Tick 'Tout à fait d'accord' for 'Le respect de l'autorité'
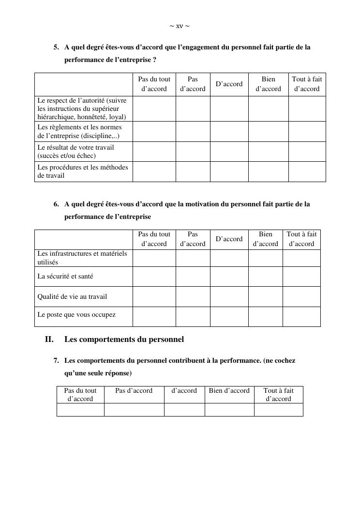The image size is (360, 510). click(307, 108)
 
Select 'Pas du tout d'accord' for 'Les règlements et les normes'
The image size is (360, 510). click(154, 131)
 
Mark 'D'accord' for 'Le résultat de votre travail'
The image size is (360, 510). click(229, 152)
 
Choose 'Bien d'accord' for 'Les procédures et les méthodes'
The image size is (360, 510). click(268, 171)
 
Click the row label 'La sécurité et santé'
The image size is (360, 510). click(65, 277)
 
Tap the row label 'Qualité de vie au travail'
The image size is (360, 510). click(72, 296)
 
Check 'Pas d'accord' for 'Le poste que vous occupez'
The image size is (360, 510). click(193, 317)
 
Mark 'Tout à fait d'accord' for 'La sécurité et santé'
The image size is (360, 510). click(301, 277)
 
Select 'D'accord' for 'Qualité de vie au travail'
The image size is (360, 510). click(229, 296)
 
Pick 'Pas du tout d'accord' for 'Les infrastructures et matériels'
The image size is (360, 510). click(154, 258)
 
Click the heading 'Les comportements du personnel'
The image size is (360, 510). click(124, 340)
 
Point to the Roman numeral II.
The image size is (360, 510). click(49, 340)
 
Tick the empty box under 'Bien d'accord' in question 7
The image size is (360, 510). click(229, 410)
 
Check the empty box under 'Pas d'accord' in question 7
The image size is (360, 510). click(134, 410)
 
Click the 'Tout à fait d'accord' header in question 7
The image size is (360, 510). click(278, 395)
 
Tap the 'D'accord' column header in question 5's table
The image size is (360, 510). click(229, 84)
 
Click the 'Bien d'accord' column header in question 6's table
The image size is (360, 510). click(265, 239)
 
